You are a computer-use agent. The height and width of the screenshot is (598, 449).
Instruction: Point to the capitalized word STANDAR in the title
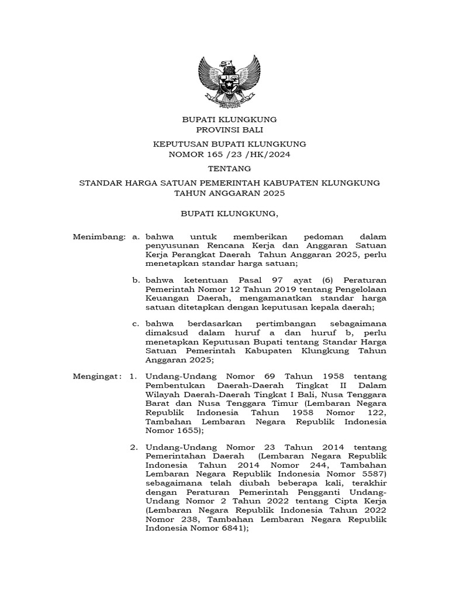point(98,183)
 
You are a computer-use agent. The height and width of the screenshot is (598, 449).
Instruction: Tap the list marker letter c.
point(135,323)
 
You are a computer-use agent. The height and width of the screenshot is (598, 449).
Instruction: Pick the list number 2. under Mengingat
point(134,447)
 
